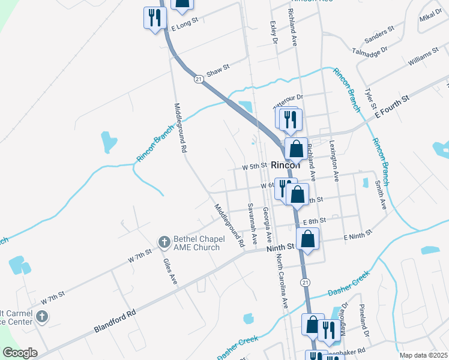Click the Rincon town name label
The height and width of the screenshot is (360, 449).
[x=285, y=166]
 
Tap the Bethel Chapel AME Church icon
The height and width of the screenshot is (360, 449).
[x=163, y=242]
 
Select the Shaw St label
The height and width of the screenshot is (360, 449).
[x=218, y=71]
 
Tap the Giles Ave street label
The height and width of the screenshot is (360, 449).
[x=170, y=271]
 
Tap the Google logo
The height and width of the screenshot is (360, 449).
[x=20, y=353]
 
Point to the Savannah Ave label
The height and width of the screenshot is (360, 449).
[x=252, y=223]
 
